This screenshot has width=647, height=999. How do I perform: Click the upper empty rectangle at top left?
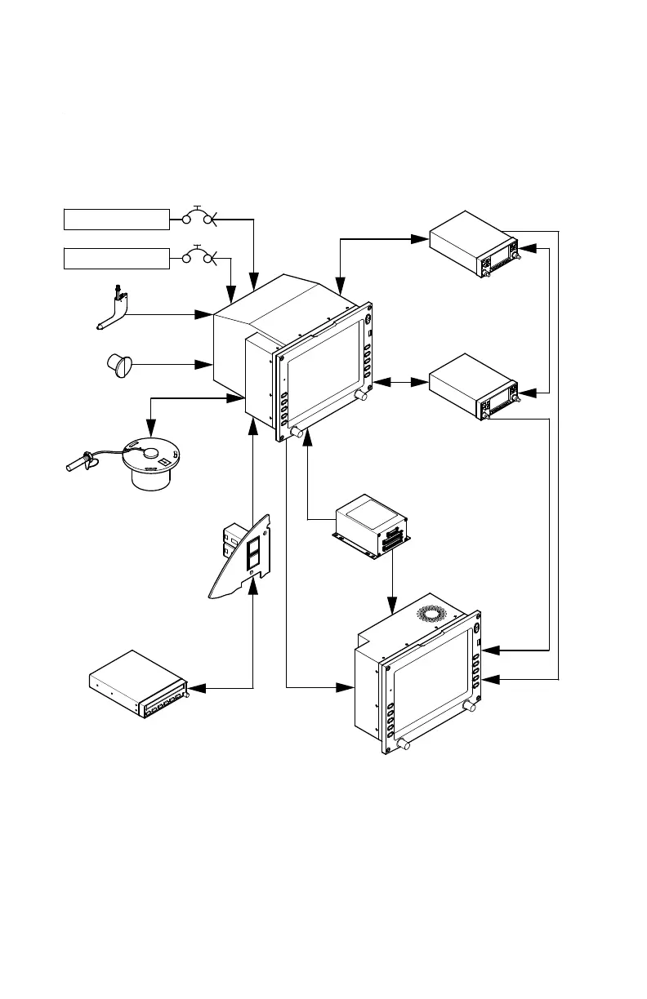[x=116, y=219]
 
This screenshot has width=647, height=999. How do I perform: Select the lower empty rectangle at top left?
[x=116, y=259]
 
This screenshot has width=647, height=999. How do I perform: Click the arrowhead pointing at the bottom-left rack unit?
[x=195, y=688]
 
